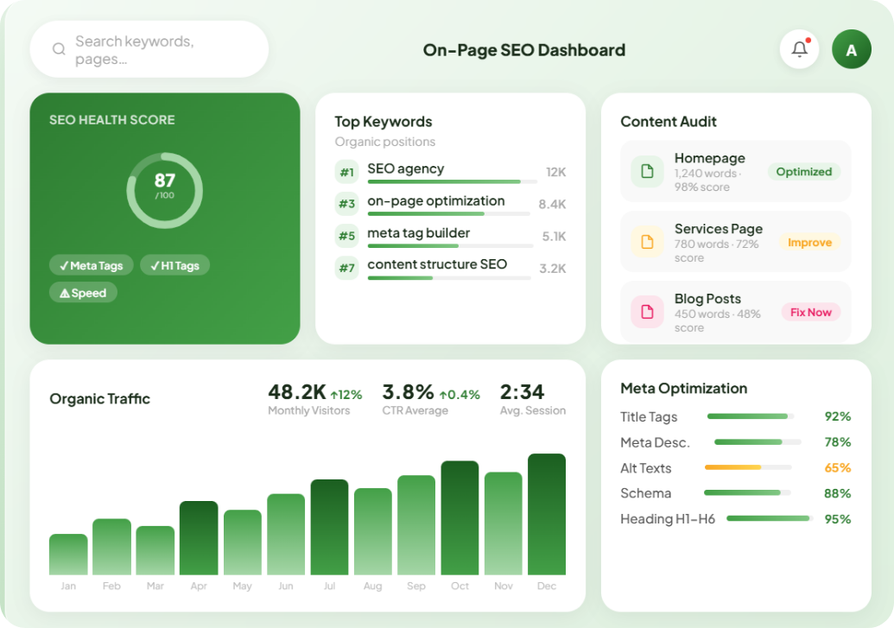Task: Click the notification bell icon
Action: (799, 49)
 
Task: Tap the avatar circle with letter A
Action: (851, 49)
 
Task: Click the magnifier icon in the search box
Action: (59, 49)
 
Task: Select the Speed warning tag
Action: (83, 293)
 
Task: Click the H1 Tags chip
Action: (175, 265)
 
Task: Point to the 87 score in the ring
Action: (165, 181)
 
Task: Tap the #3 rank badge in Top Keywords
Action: (346, 204)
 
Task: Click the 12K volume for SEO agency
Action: (556, 172)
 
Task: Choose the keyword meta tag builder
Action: (418, 232)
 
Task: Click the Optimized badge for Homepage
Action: (804, 172)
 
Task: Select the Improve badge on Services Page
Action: (809, 243)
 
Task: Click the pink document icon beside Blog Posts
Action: (647, 312)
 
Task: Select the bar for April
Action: (199, 538)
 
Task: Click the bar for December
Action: (547, 515)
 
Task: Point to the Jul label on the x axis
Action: (330, 586)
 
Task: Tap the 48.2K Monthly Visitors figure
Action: (297, 392)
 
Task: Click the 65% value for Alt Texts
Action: (838, 467)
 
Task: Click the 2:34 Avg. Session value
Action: (522, 392)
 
